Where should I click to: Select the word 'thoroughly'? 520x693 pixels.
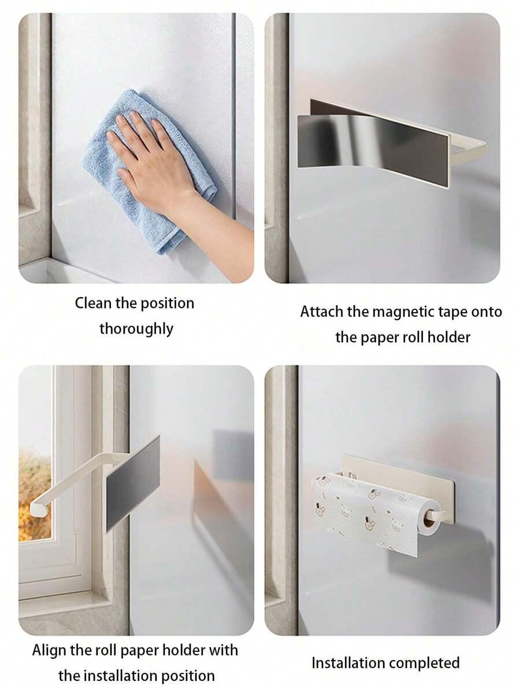tap(136, 329)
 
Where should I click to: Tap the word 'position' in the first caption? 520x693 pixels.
tap(167, 304)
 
